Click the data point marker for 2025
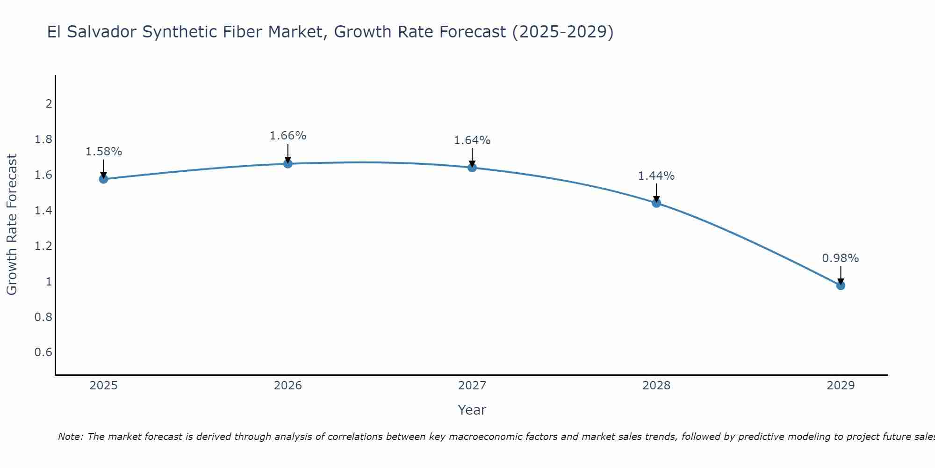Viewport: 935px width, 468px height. (x=103, y=179)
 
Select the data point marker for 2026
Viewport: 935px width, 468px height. (x=288, y=164)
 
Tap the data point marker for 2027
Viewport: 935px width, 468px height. (x=472, y=168)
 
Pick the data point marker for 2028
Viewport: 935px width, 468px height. (x=656, y=203)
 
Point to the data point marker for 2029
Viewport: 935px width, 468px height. (x=841, y=285)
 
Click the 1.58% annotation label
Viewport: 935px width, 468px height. (x=104, y=152)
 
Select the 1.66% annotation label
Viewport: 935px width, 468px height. (x=288, y=136)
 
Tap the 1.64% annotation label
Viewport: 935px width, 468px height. (x=472, y=140)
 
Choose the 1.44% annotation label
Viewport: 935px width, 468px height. (x=656, y=176)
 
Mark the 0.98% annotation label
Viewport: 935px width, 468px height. (x=841, y=258)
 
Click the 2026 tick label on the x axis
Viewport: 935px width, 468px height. (x=288, y=386)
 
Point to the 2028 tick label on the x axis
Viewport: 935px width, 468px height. (x=656, y=386)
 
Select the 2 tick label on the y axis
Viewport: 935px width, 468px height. (x=49, y=103)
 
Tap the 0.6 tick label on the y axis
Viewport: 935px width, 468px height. (x=43, y=352)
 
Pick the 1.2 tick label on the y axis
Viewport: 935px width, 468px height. (x=43, y=246)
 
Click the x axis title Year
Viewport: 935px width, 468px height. (x=472, y=410)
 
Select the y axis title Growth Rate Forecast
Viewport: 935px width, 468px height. (x=12, y=225)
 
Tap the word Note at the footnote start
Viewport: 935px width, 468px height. (x=70, y=437)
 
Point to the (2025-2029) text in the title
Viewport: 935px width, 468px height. (x=563, y=32)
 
